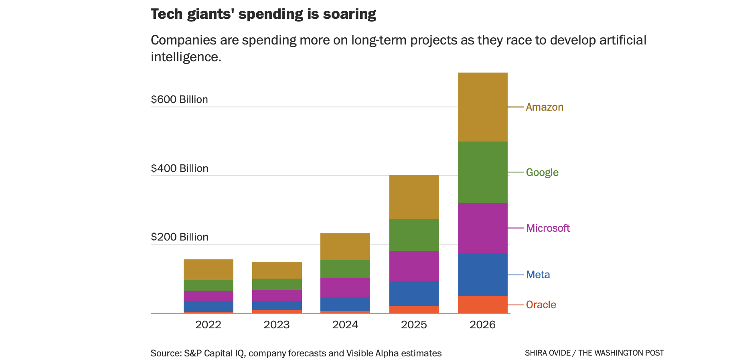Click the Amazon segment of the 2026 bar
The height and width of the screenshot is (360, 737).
(x=482, y=107)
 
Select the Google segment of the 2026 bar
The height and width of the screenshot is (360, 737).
(x=482, y=172)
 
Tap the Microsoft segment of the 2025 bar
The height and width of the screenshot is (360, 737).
(x=414, y=266)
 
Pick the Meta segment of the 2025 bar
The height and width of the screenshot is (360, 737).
(x=414, y=293)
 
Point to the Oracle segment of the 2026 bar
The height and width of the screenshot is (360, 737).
(x=482, y=304)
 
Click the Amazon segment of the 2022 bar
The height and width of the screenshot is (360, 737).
(x=208, y=269)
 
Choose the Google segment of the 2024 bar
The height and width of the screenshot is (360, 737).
(x=345, y=269)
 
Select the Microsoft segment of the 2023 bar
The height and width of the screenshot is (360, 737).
(x=277, y=295)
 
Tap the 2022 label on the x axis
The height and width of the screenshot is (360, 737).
(x=208, y=325)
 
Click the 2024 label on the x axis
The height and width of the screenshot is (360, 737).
(x=345, y=325)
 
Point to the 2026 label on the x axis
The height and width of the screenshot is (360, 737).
(x=482, y=325)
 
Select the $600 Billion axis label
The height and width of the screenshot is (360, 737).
(x=179, y=99)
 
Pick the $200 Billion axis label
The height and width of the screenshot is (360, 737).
(x=179, y=237)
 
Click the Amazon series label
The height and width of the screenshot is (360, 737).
(x=545, y=107)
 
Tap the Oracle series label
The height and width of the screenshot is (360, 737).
(x=541, y=305)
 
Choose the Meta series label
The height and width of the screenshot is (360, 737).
(x=538, y=275)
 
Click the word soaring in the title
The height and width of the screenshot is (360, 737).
(x=350, y=14)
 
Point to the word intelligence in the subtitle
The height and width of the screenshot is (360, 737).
(x=186, y=57)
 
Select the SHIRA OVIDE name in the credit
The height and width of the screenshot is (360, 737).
(x=547, y=353)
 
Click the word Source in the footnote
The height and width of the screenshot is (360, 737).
(x=166, y=353)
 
